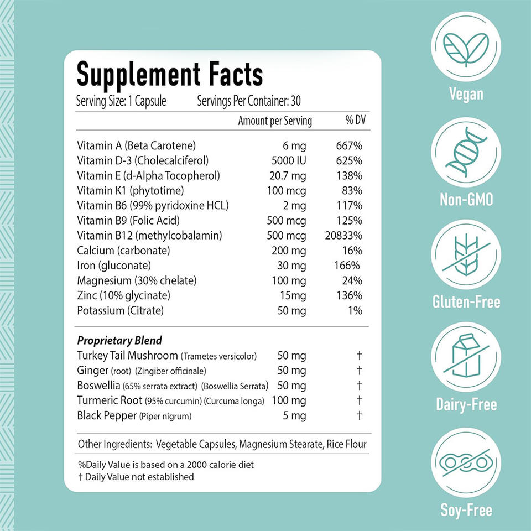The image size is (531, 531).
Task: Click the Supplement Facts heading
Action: coord(170,74)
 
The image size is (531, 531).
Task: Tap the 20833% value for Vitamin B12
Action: coord(343,236)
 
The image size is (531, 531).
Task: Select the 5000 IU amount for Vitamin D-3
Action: coord(287,161)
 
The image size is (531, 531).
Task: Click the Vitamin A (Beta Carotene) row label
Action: coord(137,146)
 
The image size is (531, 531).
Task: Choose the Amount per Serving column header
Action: coord(275,121)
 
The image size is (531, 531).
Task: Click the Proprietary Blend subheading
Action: coord(119,340)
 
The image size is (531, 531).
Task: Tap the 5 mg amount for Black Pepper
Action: coord(294,415)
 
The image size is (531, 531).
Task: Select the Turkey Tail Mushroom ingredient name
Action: coord(128,356)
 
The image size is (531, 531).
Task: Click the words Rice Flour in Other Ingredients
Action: coord(346,444)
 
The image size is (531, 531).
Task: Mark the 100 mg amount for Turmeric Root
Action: coord(290,400)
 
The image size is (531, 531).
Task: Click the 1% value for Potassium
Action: coord(356,310)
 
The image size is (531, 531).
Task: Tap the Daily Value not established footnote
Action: coord(136,477)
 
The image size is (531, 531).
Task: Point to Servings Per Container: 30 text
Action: coord(249,102)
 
